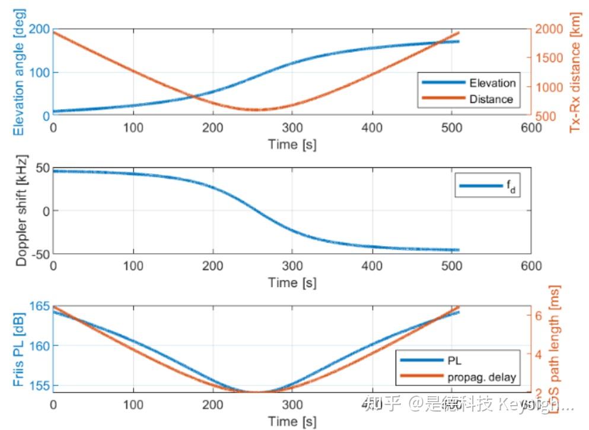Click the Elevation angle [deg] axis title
(x=18, y=73)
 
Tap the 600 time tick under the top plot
(x=531, y=127)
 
